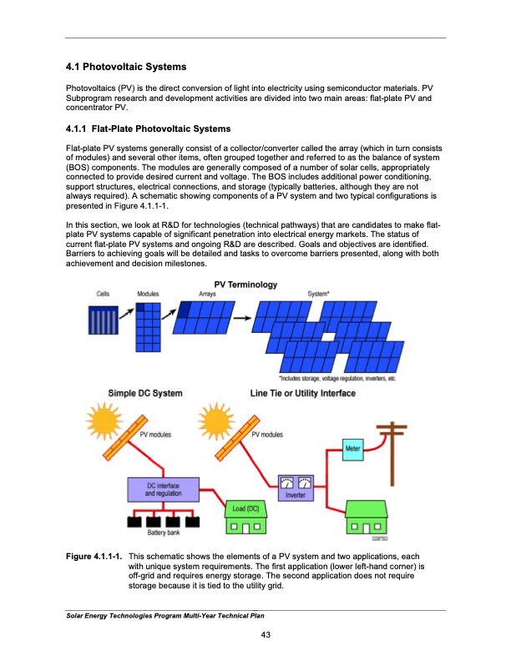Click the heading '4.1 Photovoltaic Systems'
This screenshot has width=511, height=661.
[125, 66]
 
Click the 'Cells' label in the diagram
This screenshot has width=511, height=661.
[104, 295]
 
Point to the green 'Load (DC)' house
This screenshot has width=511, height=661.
[245, 517]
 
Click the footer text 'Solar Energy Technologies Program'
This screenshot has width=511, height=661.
[125, 616]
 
